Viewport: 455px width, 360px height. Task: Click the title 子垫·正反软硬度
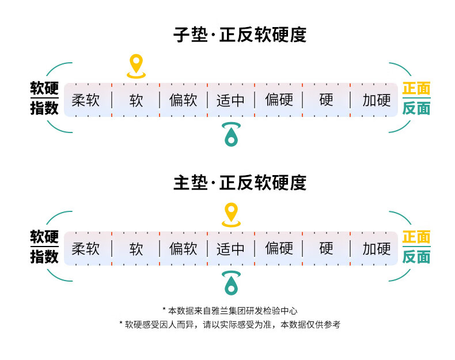tap(240, 35)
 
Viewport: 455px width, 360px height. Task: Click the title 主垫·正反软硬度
tap(240, 183)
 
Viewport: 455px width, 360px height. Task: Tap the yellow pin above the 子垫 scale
tap(136, 65)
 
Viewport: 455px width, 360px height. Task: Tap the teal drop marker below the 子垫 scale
tap(231, 134)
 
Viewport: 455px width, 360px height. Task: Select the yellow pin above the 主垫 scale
tap(231, 214)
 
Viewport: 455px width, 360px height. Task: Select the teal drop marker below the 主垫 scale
tap(231, 283)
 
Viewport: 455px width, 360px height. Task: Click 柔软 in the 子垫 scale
tap(86, 100)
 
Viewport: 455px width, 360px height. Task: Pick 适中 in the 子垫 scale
tap(230, 100)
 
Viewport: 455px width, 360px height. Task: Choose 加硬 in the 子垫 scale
tap(377, 100)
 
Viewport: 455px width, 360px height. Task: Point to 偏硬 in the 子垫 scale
tap(279, 100)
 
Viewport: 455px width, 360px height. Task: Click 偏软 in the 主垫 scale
tap(183, 249)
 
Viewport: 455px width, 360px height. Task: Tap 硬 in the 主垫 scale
tap(327, 249)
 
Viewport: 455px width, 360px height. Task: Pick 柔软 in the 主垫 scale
tap(86, 249)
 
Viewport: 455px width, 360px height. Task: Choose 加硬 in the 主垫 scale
tap(377, 249)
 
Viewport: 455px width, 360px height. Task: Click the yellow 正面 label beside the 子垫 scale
tap(416, 89)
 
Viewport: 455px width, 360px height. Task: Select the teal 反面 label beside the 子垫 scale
tap(416, 108)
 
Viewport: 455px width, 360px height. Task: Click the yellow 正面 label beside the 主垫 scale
tap(416, 237)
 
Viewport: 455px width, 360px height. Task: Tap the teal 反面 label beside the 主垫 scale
tap(416, 257)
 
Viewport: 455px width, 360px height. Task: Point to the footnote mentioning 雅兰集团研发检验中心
tap(230, 310)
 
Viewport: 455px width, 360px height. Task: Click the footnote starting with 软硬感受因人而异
tap(230, 325)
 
